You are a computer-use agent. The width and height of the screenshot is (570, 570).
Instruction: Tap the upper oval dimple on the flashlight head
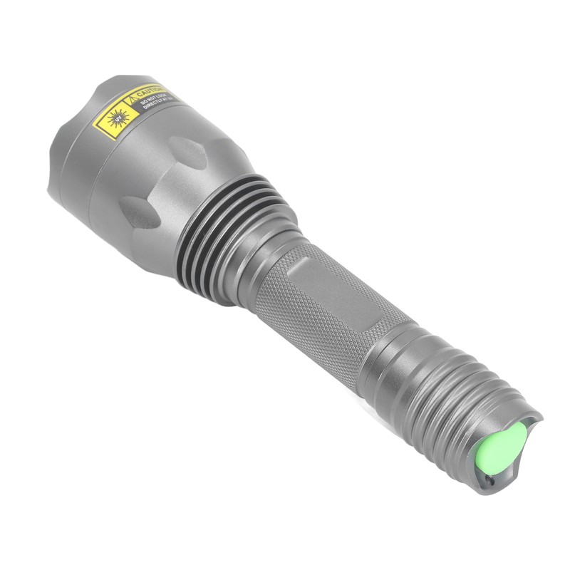187,152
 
